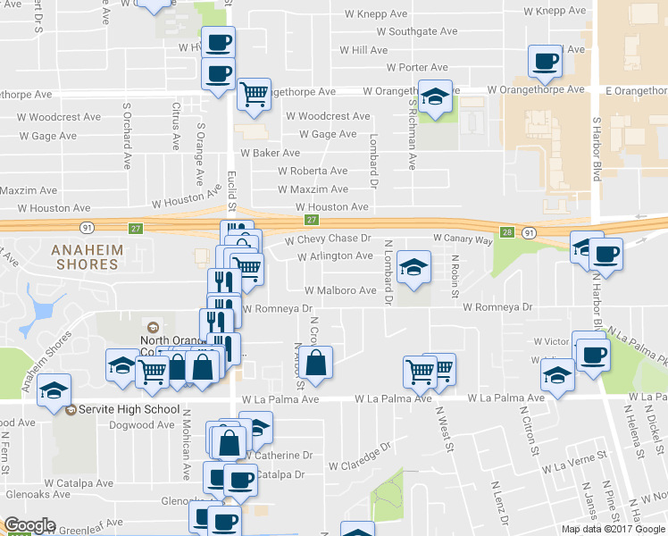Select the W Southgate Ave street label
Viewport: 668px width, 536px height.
(x=417, y=31)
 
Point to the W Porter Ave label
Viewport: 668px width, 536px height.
(x=417, y=67)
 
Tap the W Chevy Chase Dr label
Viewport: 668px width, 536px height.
(x=327, y=239)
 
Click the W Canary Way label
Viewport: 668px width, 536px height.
(x=463, y=239)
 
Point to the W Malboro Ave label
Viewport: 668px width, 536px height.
(x=340, y=290)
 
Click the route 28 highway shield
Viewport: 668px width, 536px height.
(x=507, y=231)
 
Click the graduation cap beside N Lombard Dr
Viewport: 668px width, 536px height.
(x=413, y=267)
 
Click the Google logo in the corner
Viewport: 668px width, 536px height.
(x=29, y=525)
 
